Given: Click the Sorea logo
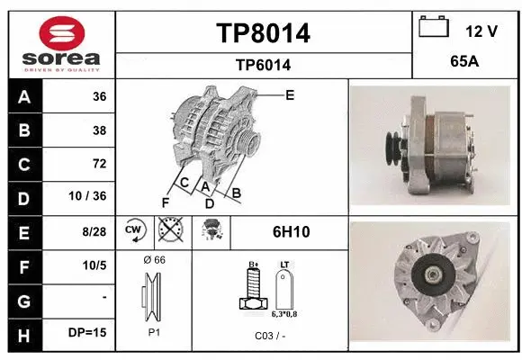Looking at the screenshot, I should [61, 43].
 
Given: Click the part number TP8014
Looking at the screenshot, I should [263, 33].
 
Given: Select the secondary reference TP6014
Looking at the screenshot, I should [263, 65].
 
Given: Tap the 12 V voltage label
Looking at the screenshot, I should [481, 31].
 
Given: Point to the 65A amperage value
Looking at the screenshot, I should [464, 64].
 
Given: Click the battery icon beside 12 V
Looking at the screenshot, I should [433, 28].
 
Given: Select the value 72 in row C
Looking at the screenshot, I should [99, 164].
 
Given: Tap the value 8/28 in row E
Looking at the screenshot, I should [94, 231].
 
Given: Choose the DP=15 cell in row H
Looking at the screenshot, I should [87, 332].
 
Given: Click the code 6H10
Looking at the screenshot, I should [291, 231].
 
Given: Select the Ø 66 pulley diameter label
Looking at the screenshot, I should [154, 260].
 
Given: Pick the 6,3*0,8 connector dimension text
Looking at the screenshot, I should [285, 314].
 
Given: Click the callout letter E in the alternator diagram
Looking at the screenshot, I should [289, 94].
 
